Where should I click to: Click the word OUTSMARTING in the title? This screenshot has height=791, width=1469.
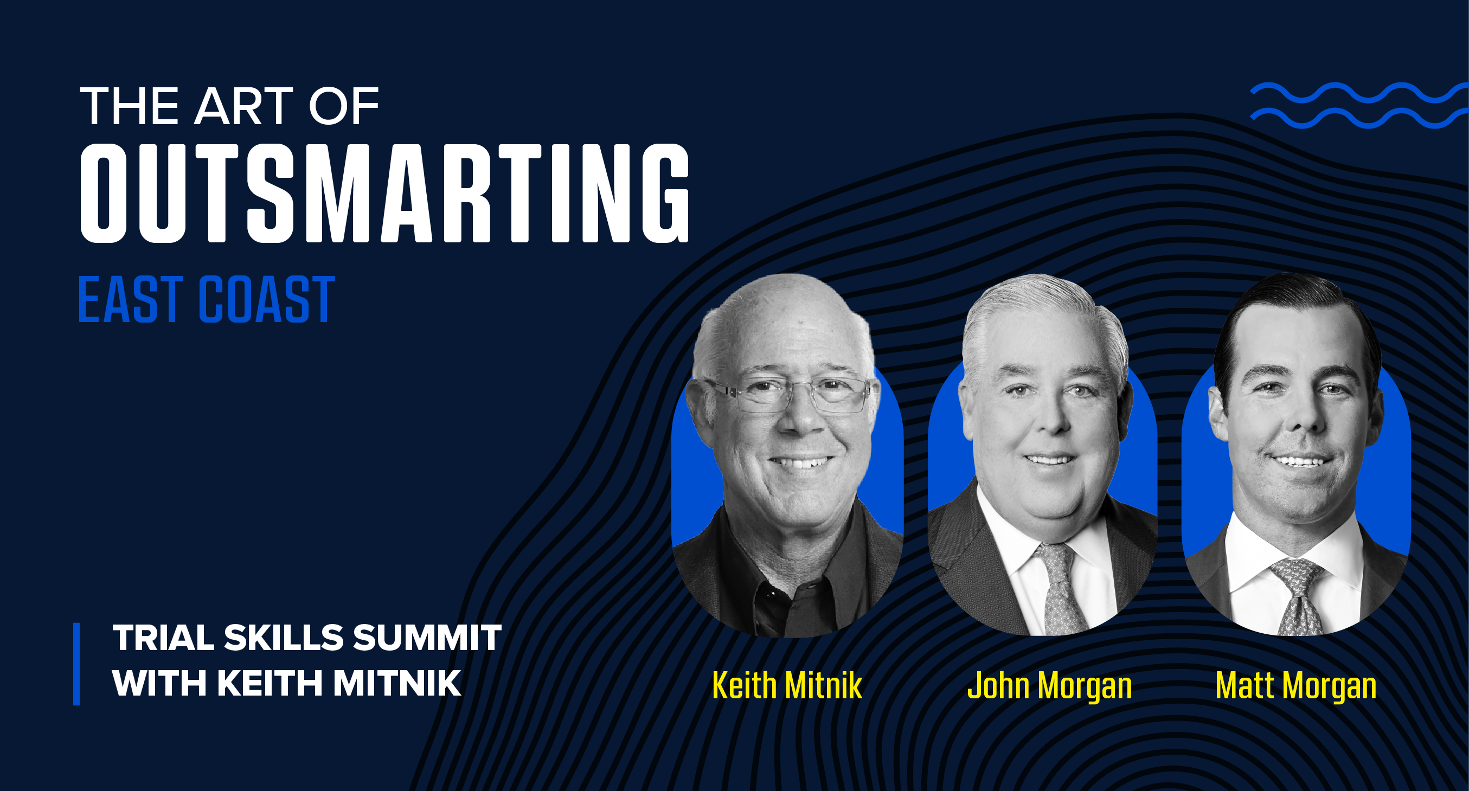coord(385,194)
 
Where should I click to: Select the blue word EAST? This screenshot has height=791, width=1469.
coord(131,299)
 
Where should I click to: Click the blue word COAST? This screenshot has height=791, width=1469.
coord(266,299)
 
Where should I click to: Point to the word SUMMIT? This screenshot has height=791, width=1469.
coord(427,638)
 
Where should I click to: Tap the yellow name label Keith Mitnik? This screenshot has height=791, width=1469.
coord(787,685)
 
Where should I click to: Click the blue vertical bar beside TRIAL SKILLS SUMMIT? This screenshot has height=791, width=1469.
coord(76,664)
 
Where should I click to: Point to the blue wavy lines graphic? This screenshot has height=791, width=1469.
coord(1359,106)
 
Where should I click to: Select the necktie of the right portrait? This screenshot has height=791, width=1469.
coord(1299,596)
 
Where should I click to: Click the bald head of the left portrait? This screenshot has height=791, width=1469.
coord(784,319)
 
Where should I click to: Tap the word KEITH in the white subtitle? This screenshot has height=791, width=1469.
coord(270,683)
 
